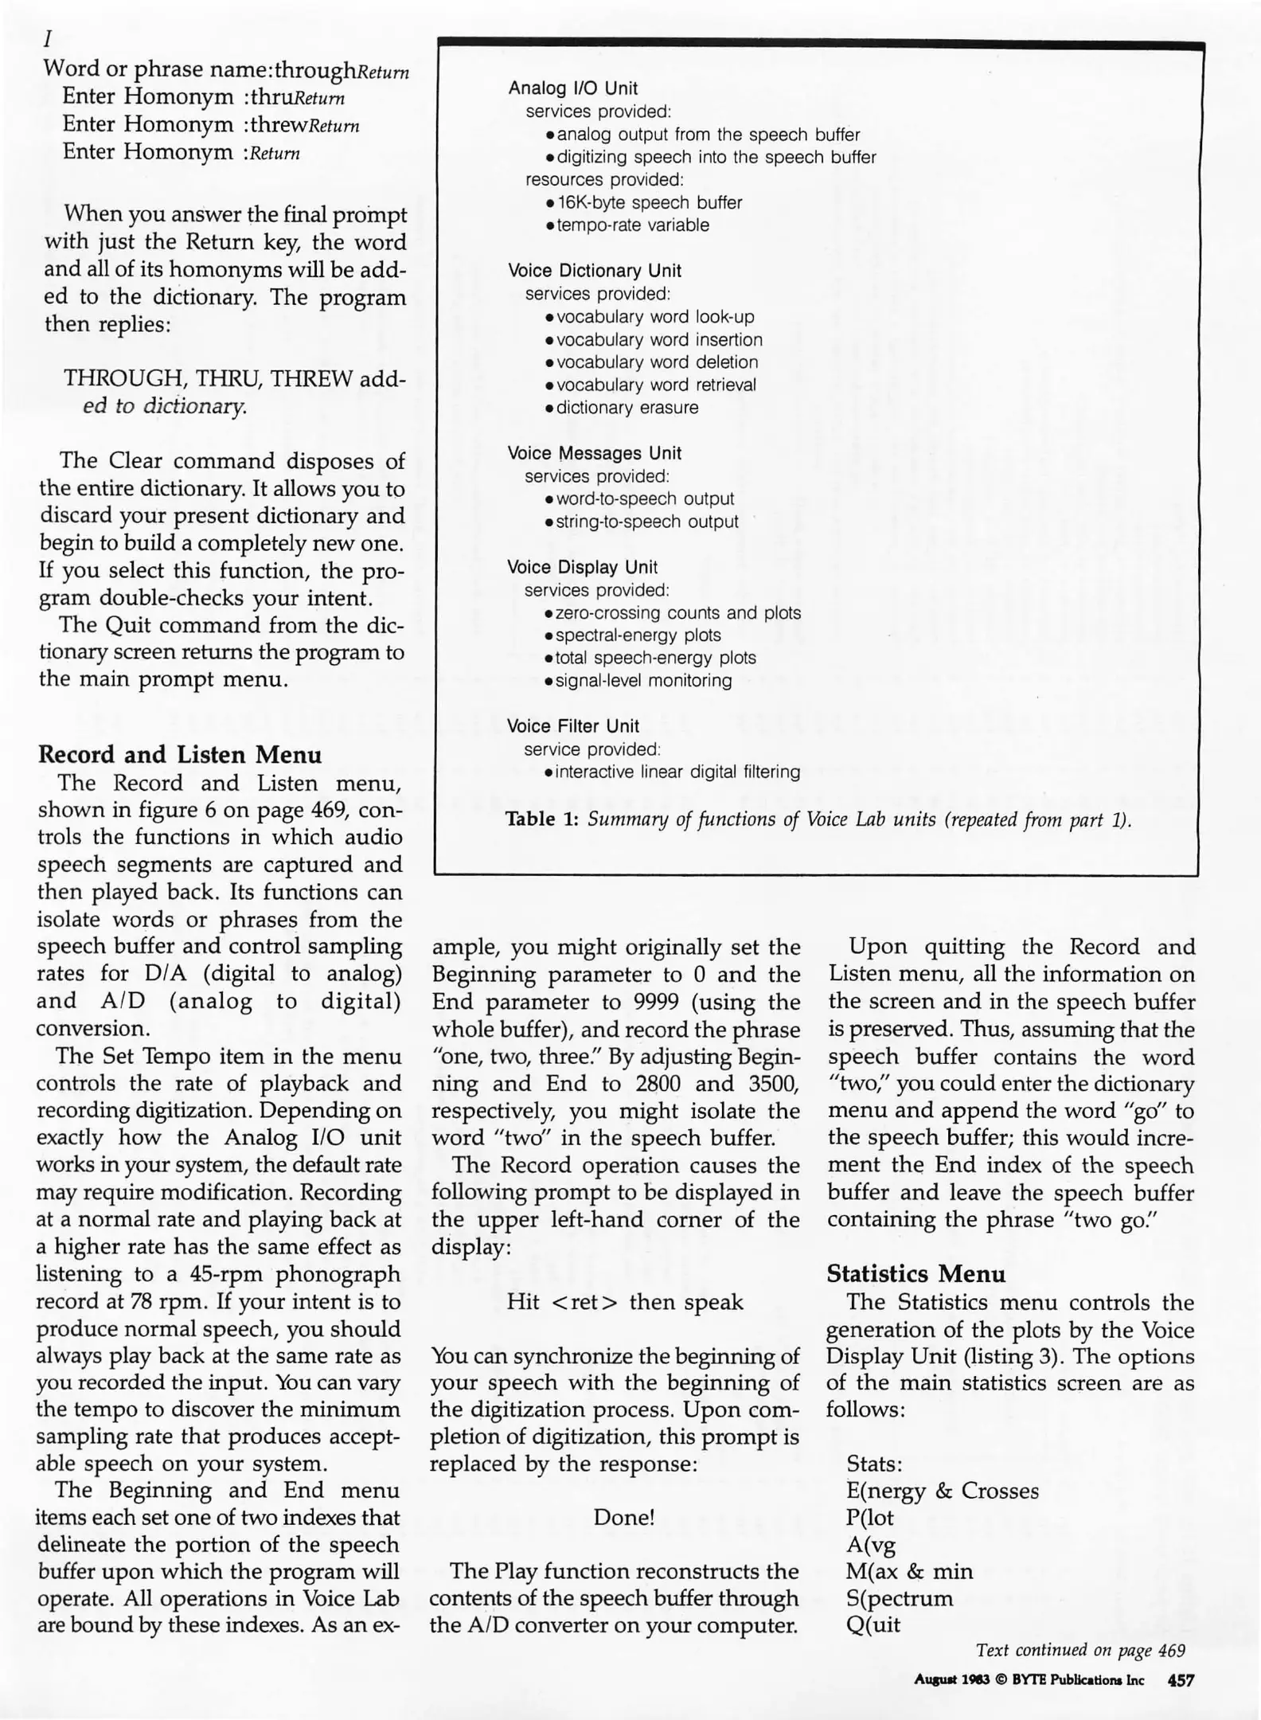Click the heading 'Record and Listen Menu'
point(180,754)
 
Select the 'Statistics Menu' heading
point(915,1274)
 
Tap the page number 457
point(1180,1680)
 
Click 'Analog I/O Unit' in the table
point(572,88)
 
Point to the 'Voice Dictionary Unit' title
point(594,271)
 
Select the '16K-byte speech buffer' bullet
point(649,203)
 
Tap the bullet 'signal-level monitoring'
point(643,681)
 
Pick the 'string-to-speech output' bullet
point(646,522)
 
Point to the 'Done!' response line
point(624,1517)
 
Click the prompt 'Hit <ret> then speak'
point(624,1302)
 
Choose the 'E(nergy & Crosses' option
point(943,1491)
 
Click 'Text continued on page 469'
point(1080,1650)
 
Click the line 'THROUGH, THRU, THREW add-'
point(235,378)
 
